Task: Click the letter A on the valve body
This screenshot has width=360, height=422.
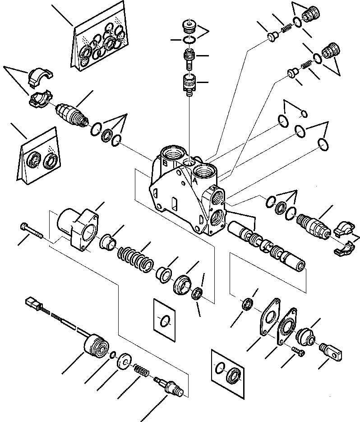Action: [195, 179]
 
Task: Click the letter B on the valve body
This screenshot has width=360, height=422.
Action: [166, 164]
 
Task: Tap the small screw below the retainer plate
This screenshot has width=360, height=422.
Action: [299, 353]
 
